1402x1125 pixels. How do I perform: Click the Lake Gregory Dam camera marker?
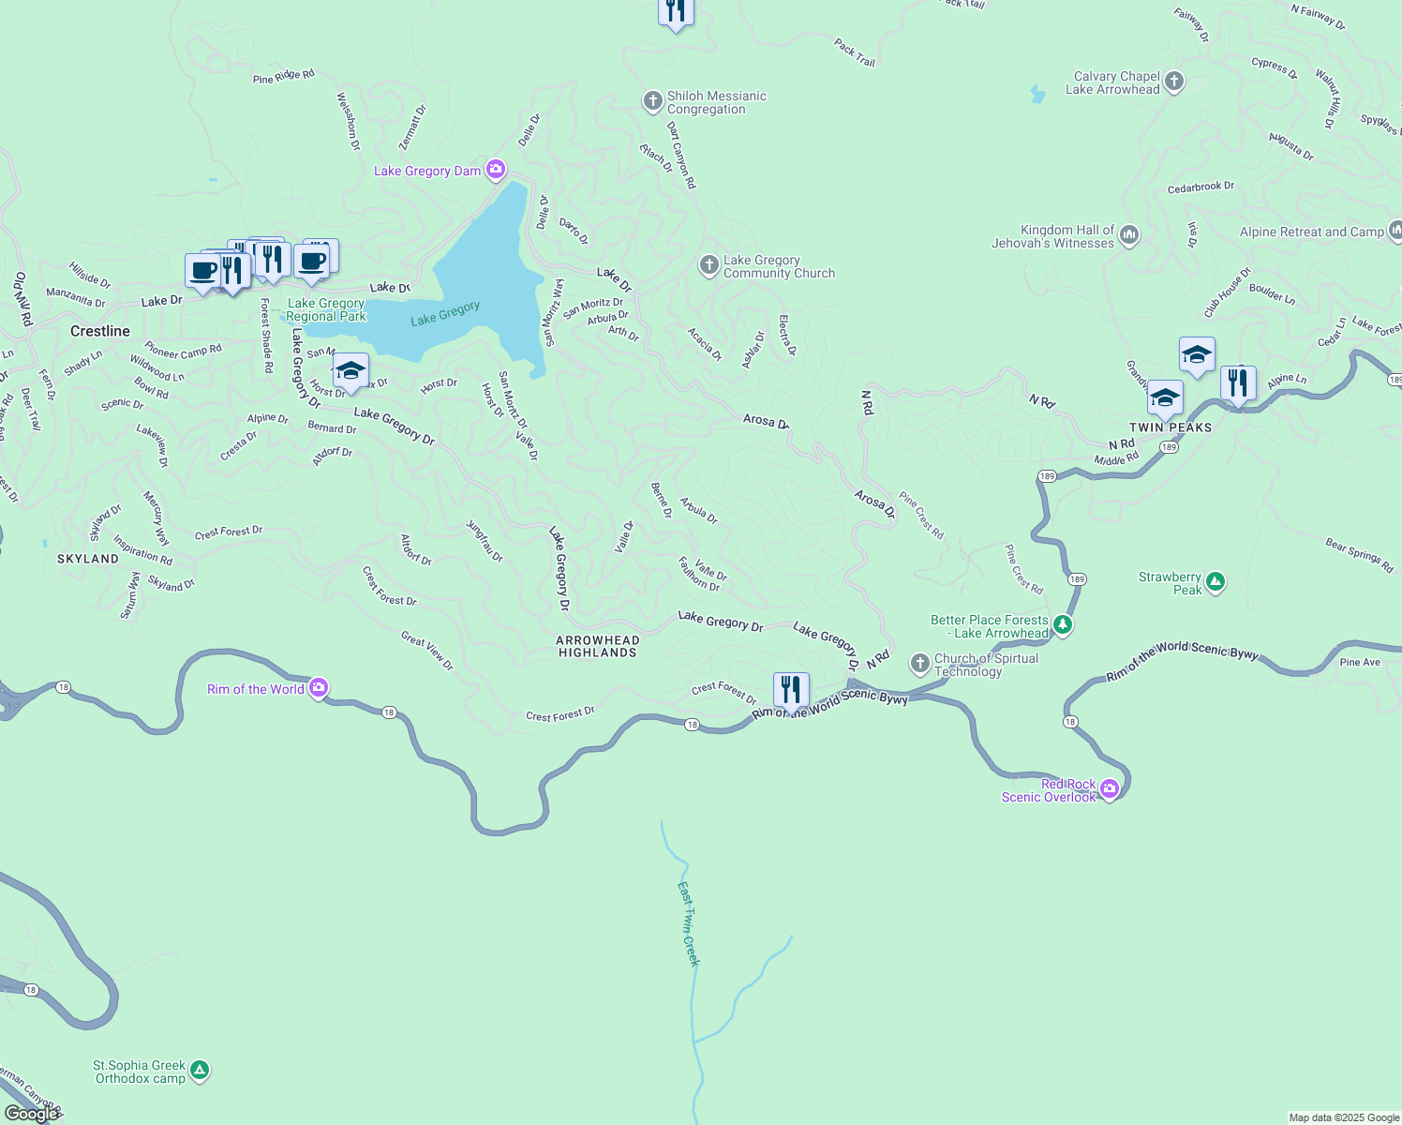[496, 170]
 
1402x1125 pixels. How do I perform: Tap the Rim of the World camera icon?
[319, 689]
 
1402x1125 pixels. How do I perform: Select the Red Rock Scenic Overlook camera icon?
[1110, 788]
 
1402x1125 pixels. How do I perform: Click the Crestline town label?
[100, 331]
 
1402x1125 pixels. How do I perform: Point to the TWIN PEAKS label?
[1171, 427]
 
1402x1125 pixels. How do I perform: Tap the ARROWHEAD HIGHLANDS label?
[598, 646]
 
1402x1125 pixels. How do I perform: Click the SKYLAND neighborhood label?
[88, 559]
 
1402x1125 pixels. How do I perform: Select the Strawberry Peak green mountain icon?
[1216, 582]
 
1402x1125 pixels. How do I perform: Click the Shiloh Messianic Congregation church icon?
[653, 101]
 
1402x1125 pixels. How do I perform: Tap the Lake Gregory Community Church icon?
[709, 265]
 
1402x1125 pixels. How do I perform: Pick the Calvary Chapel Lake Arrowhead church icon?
[1174, 82]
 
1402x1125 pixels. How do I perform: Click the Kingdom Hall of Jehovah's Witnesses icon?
[1129, 235]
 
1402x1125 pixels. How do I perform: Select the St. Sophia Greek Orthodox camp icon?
[199, 1071]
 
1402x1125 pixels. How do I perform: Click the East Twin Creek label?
[689, 923]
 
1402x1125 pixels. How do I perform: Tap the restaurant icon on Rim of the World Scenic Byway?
[791, 690]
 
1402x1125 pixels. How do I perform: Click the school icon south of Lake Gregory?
[350, 370]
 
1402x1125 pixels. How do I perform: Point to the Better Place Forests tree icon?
[1062, 624]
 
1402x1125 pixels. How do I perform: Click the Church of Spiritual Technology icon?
[920, 664]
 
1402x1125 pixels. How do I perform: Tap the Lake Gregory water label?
[445, 313]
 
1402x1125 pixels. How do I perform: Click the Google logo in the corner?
[31, 1114]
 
